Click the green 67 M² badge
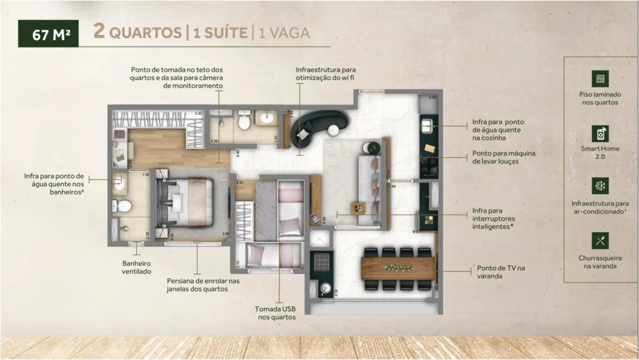click(48, 34)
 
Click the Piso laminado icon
click(600, 79)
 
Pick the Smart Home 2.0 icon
click(600, 133)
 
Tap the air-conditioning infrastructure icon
click(600, 187)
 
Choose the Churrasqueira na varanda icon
click(600, 240)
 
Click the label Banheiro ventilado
click(136, 268)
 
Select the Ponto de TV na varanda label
click(500, 271)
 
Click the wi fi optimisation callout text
click(325, 74)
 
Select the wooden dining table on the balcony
click(398, 268)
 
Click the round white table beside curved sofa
click(334, 130)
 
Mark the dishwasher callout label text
click(504, 157)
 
